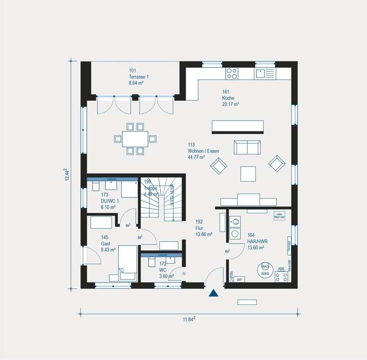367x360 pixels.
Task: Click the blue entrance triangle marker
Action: (x=214, y=293)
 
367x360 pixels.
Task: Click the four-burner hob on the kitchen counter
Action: (x=232, y=73)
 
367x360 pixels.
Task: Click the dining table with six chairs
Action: (x=135, y=137)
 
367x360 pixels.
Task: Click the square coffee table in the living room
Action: (x=249, y=174)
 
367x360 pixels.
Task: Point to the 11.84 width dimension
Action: (x=190, y=319)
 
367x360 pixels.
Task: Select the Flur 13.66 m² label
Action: (x=202, y=228)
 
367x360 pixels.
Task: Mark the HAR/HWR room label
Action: (x=255, y=242)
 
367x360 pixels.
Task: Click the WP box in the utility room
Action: (x=239, y=280)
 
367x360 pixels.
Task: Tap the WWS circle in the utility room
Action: (x=265, y=270)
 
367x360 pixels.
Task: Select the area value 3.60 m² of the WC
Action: (x=166, y=276)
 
